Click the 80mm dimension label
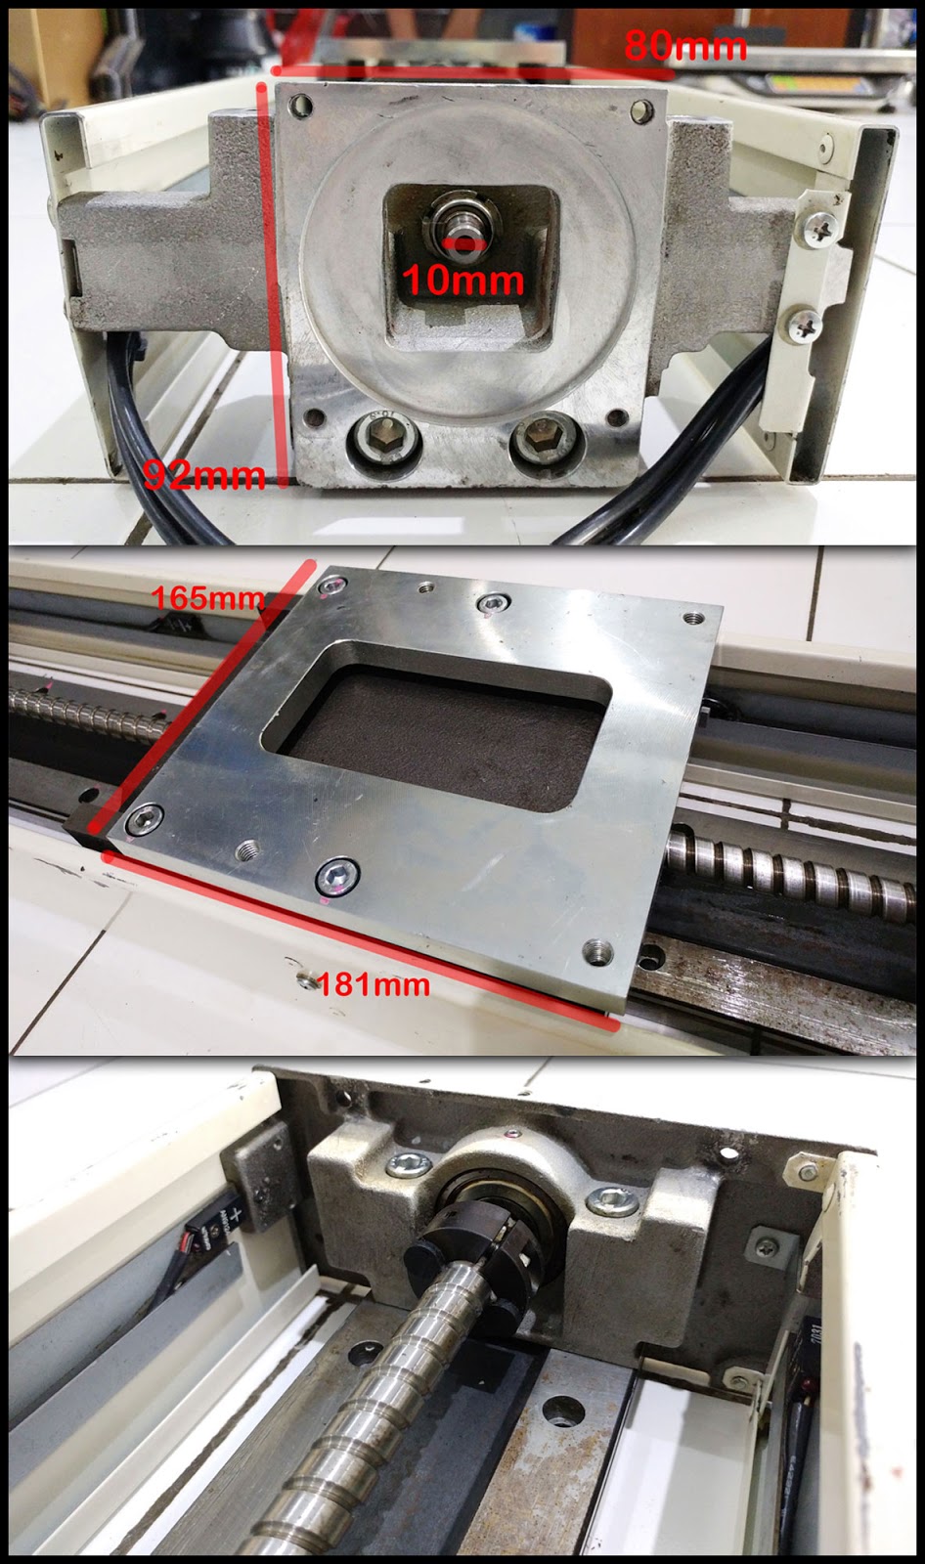tap(684, 45)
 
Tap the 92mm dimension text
tap(203, 475)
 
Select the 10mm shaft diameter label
tap(462, 281)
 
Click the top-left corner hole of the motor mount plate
tap(300, 103)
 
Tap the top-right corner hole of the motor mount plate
tap(641, 109)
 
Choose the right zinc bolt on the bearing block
tap(613, 1197)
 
